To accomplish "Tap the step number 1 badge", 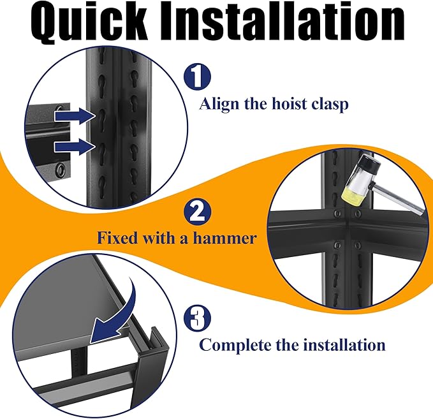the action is [x=198, y=77].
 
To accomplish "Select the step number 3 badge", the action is [x=198, y=318].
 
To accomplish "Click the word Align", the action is [x=219, y=105].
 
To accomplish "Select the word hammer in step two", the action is [x=224, y=238].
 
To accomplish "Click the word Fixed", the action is [x=117, y=238].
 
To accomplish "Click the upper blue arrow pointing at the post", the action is [x=75, y=115].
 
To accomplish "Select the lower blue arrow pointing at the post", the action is [x=75, y=147].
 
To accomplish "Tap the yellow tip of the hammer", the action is [x=353, y=196].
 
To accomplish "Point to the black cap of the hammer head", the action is [x=367, y=163].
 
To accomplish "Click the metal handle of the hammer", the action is [x=398, y=199].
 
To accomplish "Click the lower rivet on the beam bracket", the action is [x=60, y=168].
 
